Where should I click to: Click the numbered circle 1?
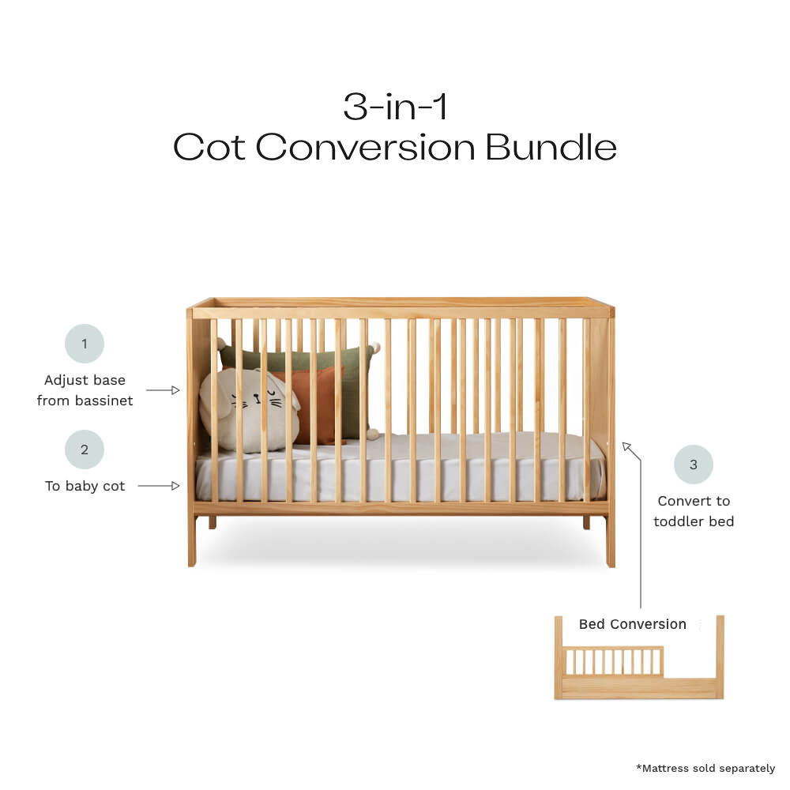tap(85, 344)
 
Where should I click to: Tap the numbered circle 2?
tap(85, 450)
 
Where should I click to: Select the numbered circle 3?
tap(693, 465)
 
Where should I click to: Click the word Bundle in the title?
tap(551, 147)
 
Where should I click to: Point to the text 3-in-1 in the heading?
tap(395, 107)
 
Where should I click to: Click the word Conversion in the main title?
tap(365, 147)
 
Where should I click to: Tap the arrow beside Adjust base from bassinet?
tap(164, 390)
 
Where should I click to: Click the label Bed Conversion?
tap(632, 624)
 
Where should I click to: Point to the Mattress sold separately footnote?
tap(705, 768)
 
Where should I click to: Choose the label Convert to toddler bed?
tap(694, 511)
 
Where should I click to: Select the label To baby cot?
tap(85, 486)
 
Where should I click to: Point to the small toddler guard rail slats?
tap(612, 660)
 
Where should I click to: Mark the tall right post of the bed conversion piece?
tap(719, 656)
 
